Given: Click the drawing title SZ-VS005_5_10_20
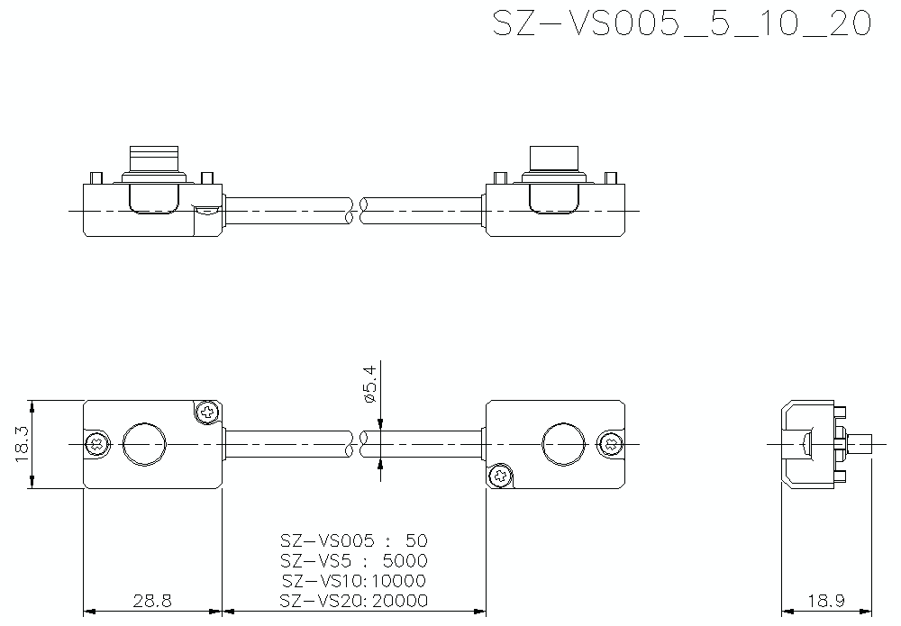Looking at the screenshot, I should pyautogui.click(x=682, y=24).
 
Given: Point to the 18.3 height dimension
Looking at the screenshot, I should pyautogui.click(x=23, y=444).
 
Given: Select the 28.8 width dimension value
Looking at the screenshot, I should pyautogui.click(x=152, y=600).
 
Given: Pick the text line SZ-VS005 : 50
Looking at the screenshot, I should pyautogui.click(x=353, y=541).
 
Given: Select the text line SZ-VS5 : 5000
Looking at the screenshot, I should pyautogui.click(x=353, y=561).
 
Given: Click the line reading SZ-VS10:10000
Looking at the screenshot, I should pyautogui.click(x=353, y=581).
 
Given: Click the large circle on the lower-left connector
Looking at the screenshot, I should pyautogui.click(x=145, y=444).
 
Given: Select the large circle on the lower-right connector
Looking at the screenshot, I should pyautogui.click(x=564, y=444).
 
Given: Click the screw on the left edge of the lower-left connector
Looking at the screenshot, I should pyautogui.click(x=97, y=444).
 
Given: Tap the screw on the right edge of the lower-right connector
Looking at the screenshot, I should pyautogui.click(x=611, y=443).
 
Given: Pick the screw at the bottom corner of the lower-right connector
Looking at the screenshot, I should pyautogui.click(x=499, y=476).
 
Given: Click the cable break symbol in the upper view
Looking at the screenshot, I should pyautogui.click(x=354, y=211).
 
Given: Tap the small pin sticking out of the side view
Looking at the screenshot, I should pyautogui.click(x=862, y=444).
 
